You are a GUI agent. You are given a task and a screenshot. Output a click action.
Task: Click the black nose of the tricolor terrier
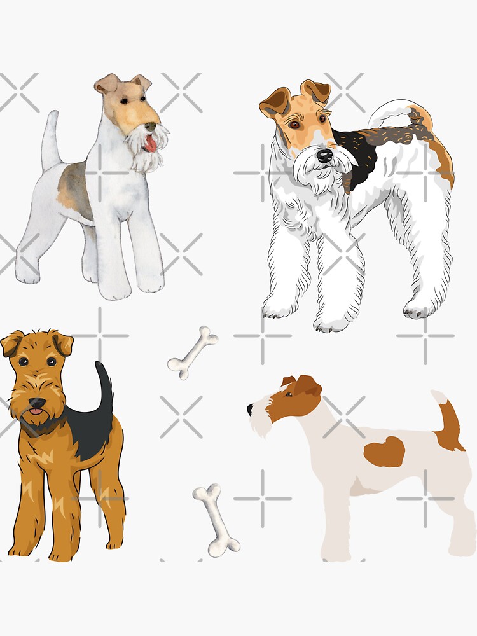(x=325, y=155)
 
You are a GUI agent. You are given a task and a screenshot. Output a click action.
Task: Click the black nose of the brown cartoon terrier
(x=38, y=403)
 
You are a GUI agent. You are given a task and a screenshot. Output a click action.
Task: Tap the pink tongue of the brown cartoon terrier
(x=36, y=413)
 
